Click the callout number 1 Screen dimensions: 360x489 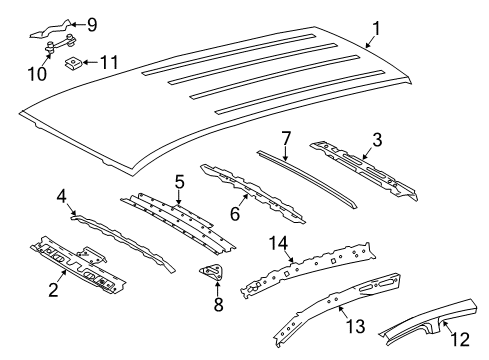(377, 28)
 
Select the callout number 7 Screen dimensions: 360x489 (285, 137)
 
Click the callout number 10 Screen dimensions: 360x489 (37, 72)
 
